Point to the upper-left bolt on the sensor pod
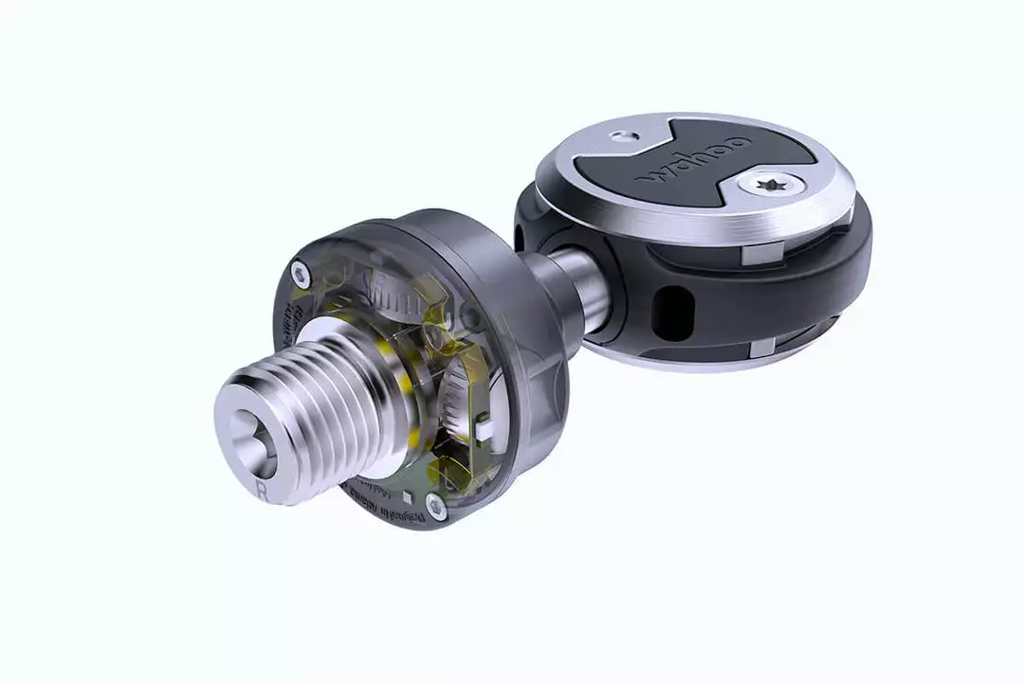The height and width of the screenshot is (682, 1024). tap(302, 275)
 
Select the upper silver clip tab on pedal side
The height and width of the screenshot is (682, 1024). tap(767, 252)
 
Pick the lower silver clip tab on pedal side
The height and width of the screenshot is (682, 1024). tap(763, 350)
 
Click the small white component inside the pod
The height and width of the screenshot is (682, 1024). tap(484, 433)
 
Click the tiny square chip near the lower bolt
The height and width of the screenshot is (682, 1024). tap(405, 495)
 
